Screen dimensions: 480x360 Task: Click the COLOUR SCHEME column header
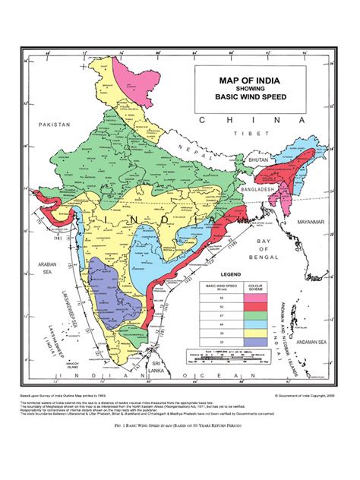pyautogui.click(x=251, y=288)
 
